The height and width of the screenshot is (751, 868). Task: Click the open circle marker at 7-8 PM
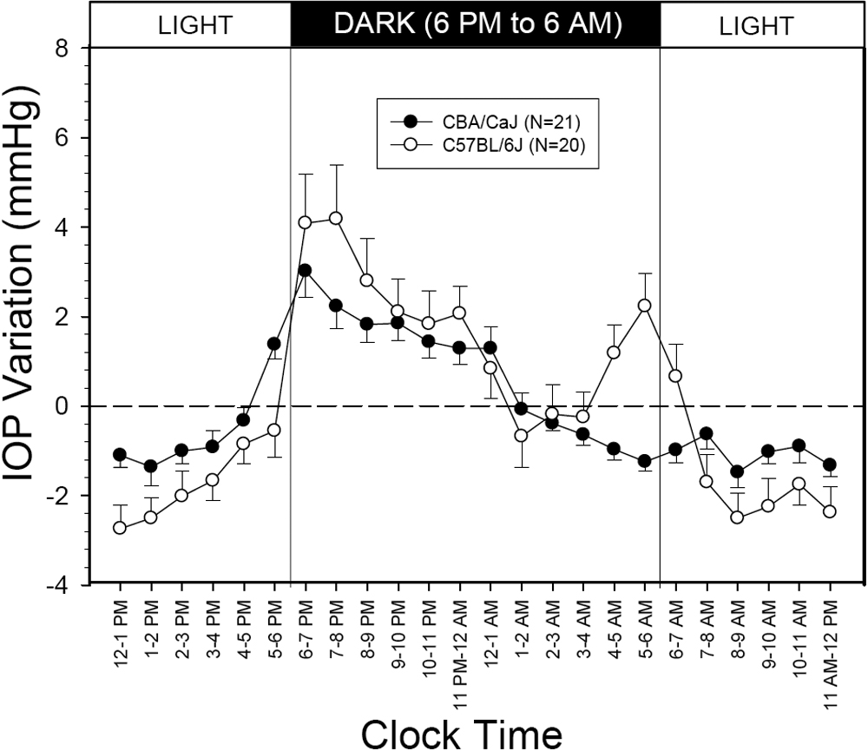point(336,218)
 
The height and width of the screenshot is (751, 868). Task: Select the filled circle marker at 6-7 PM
point(305,271)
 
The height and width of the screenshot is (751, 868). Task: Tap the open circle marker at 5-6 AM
point(645,306)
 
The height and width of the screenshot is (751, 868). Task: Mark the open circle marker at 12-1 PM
point(120,528)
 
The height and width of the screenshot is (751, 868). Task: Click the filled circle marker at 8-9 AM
point(737,472)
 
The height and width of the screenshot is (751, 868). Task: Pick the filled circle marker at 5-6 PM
point(274,344)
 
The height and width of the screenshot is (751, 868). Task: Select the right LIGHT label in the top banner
point(756,25)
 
